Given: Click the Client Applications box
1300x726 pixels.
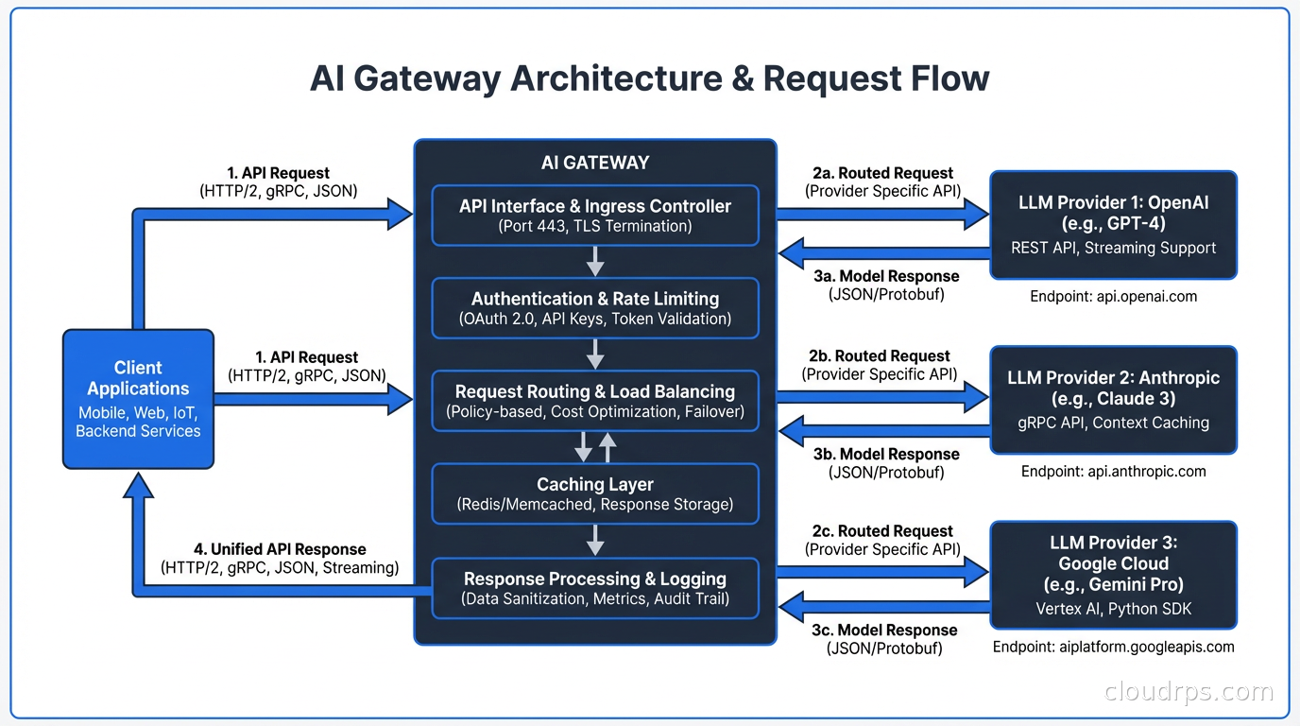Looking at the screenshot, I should point(138,398).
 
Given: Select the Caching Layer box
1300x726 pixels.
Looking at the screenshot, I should point(595,493).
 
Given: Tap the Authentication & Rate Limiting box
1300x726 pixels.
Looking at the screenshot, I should point(595,307).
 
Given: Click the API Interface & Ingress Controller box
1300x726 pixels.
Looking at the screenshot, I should point(595,215).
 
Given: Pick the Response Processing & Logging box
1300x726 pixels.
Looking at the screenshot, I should point(595,587).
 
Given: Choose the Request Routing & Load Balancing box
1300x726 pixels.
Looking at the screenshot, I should point(595,400).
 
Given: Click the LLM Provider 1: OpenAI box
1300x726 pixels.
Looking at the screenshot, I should point(1113,224).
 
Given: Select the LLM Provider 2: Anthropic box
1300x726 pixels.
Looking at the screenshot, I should point(1113,399).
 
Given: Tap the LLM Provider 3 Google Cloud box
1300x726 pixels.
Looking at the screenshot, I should point(1113,574).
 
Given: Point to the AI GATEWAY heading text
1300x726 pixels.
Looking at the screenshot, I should point(595,163).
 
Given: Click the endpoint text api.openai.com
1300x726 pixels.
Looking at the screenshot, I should point(1113,296).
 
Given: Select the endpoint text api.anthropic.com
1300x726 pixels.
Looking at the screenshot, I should point(1113,471).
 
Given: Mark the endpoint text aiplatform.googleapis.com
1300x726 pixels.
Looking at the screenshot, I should point(1113,647).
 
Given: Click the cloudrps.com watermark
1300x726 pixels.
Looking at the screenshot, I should point(1189,692).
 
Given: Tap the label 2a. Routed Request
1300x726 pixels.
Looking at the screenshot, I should point(882,173).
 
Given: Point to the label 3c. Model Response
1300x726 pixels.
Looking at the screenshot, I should point(885,630).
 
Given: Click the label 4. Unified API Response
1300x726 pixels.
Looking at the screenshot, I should point(280,549).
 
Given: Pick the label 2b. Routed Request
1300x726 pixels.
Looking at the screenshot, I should point(880,355).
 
